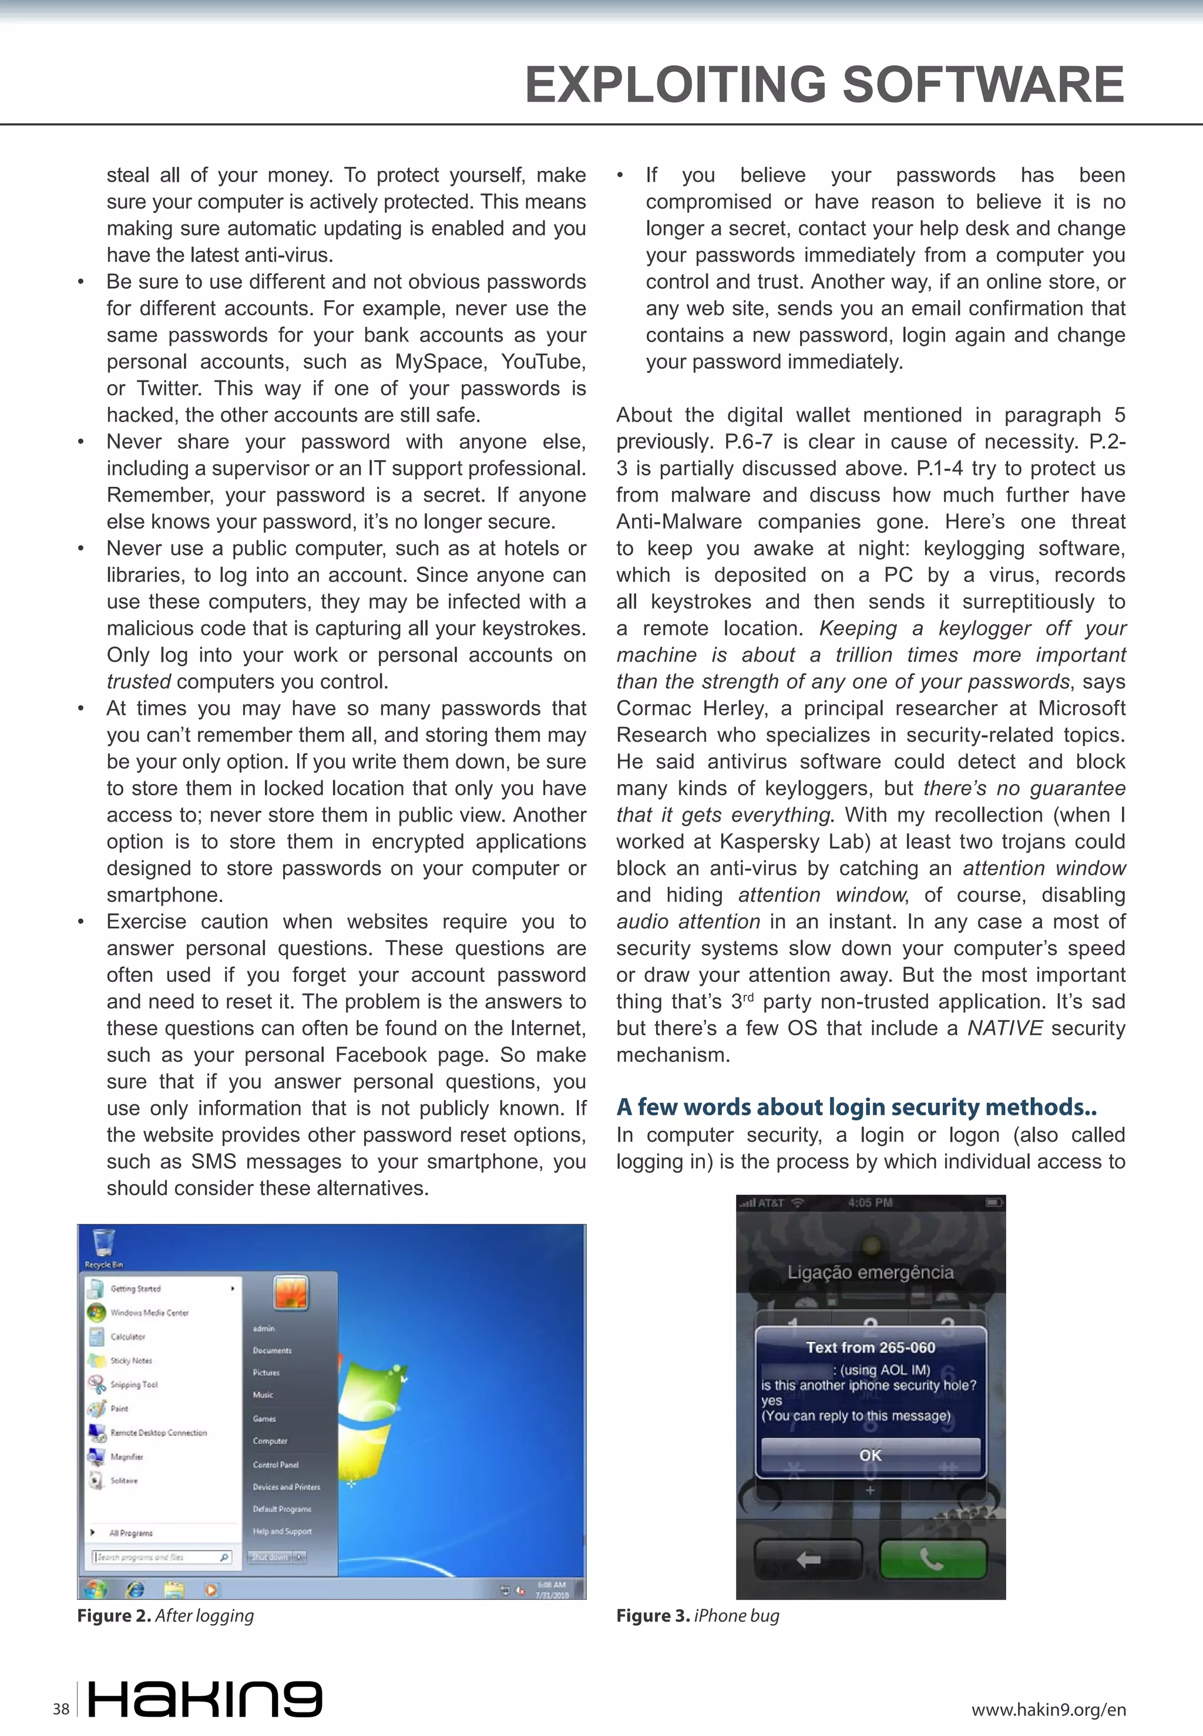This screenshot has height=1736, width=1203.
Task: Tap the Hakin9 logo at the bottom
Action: pyautogui.click(x=205, y=1698)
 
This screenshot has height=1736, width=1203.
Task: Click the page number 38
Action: pyautogui.click(x=61, y=1709)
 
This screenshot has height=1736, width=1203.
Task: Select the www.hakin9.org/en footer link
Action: pyautogui.click(x=1049, y=1710)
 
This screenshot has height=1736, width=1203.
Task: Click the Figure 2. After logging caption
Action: pyautogui.click(x=165, y=1616)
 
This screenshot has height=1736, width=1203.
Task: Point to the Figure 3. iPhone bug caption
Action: pyautogui.click(x=697, y=1616)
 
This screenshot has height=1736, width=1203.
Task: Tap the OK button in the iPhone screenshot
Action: pyautogui.click(x=870, y=1455)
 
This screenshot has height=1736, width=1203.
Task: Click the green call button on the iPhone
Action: pyautogui.click(x=932, y=1559)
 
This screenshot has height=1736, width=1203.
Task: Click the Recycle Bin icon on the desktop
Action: pyautogui.click(x=103, y=1244)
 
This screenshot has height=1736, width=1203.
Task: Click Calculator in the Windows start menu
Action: pyautogui.click(x=127, y=1336)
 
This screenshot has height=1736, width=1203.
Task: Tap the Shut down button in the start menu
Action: pyautogui.click(x=270, y=1557)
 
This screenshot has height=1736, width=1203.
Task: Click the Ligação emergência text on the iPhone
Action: pyautogui.click(x=870, y=1272)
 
